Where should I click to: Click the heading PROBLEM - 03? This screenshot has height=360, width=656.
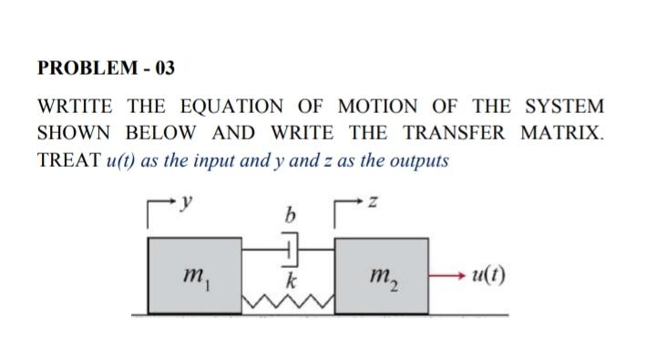click(106, 68)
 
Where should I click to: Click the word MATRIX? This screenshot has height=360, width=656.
click(561, 133)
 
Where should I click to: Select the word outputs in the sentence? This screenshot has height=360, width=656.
click(418, 160)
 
